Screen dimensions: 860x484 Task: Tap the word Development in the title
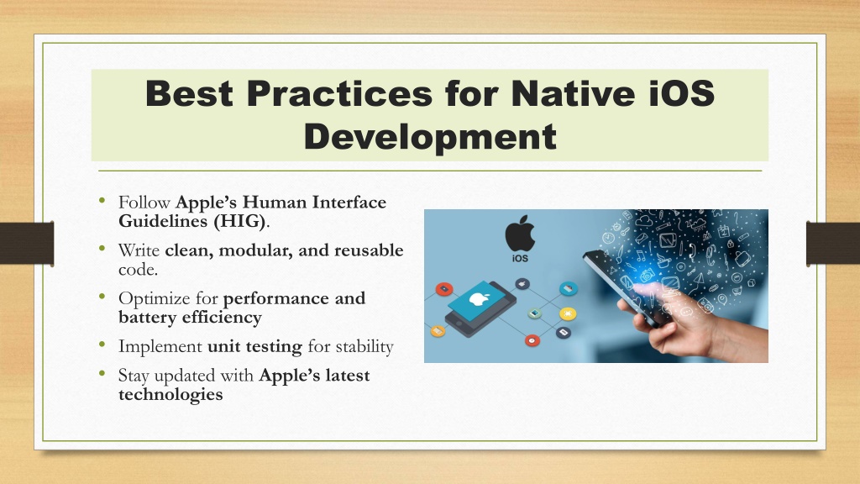pyautogui.click(x=431, y=137)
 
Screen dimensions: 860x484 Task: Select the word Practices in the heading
pyautogui.click(x=339, y=93)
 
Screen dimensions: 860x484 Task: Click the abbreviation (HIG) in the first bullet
pyautogui.click(x=239, y=221)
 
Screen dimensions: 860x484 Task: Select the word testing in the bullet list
pyautogui.click(x=274, y=347)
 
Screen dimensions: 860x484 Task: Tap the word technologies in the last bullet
pyautogui.click(x=170, y=395)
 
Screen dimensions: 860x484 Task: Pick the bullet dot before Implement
pyautogui.click(x=102, y=345)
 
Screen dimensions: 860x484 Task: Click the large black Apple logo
pyautogui.click(x=520, y=233)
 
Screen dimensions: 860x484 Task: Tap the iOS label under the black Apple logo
pyautogui.click(x=520, y=258)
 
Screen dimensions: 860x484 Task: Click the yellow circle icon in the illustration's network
pyautogui.click(x=568, y=314)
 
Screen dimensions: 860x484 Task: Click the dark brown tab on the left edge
pyautogui.click(x=27, y=244)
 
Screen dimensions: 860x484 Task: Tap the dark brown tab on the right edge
pyautogui.click(x=832, y=244)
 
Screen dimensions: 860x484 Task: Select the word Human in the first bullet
pyautogui.click(x=275, y=203)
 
